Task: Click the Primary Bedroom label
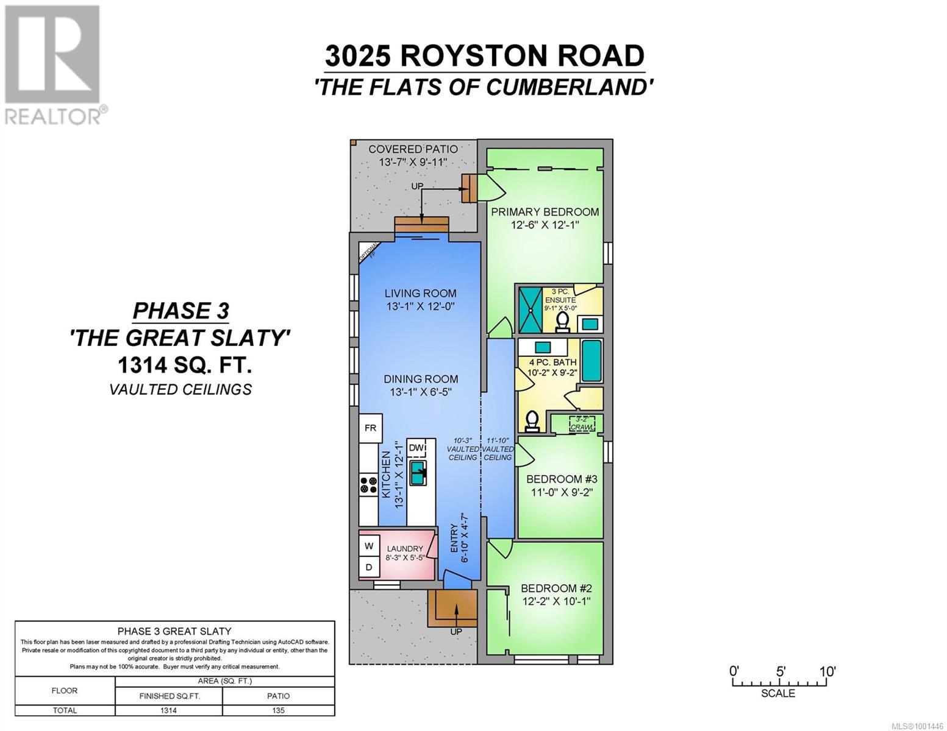[x=545, y=212]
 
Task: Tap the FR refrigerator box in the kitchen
[x=370, y=428]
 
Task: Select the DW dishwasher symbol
[x=416, y=448]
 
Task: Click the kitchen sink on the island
[x=418, y=473]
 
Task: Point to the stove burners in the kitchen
[x=368, y=485]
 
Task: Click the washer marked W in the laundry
[x=369, y=546]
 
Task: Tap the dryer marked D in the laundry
[x=369, y=567]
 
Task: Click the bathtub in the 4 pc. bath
[x=591, y=361]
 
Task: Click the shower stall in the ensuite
[x=530, y=308]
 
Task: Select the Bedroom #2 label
[x=556, y=588]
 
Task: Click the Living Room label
[x=420, y=294]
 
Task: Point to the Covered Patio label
[x=413, y=149]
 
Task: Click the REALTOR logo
[x=54, y=64]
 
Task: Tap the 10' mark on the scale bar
[x=827, y=672]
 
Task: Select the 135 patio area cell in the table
[x=278, y=710]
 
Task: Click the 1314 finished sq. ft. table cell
[x=168, y=710]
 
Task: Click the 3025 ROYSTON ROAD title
[x=484, y=56]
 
